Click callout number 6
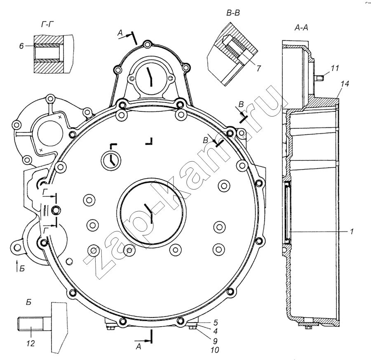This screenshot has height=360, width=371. pos(21,46)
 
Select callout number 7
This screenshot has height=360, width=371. pos(258,68)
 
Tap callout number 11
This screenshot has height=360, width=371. pos(336,68)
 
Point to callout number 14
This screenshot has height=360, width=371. pos(345,84)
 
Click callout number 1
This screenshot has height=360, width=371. pos(352,232)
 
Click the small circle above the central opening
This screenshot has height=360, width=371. pos(111,159)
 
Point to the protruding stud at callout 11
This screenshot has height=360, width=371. pos(320,76)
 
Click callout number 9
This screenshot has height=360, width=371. pos(215,341)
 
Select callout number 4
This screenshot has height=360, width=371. pos(215,332)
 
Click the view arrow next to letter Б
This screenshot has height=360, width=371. pos(16,264)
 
